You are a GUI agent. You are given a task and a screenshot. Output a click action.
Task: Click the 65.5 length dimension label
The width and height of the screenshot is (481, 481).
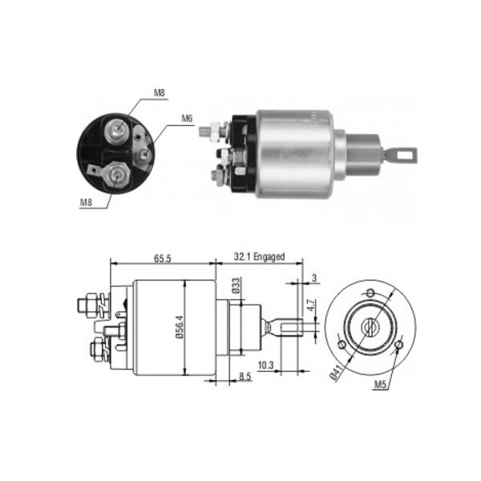(x=162, y=259)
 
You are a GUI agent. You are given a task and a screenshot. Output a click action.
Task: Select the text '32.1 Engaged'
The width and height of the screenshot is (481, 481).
(x=259, y=257)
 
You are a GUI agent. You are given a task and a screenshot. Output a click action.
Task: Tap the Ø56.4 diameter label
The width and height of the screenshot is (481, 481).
(x=180, y=327)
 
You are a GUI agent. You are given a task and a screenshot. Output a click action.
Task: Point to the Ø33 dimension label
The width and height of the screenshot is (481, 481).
(x=236, y=285)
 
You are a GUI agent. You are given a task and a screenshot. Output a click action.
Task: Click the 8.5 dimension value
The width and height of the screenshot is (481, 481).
(x=245, y=377)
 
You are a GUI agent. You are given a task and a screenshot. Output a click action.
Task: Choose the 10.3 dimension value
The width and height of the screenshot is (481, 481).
(x=265, y=366)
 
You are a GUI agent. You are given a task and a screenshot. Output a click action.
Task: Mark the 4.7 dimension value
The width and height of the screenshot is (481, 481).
(x=311, y=305)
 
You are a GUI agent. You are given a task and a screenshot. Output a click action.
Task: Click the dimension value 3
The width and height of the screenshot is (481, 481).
(x=314, y=278)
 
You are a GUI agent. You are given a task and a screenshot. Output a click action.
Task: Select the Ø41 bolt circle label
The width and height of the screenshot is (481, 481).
(x=336, y=371)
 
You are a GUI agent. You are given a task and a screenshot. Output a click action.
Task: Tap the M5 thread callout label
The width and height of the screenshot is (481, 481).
(x=380, y=384)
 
